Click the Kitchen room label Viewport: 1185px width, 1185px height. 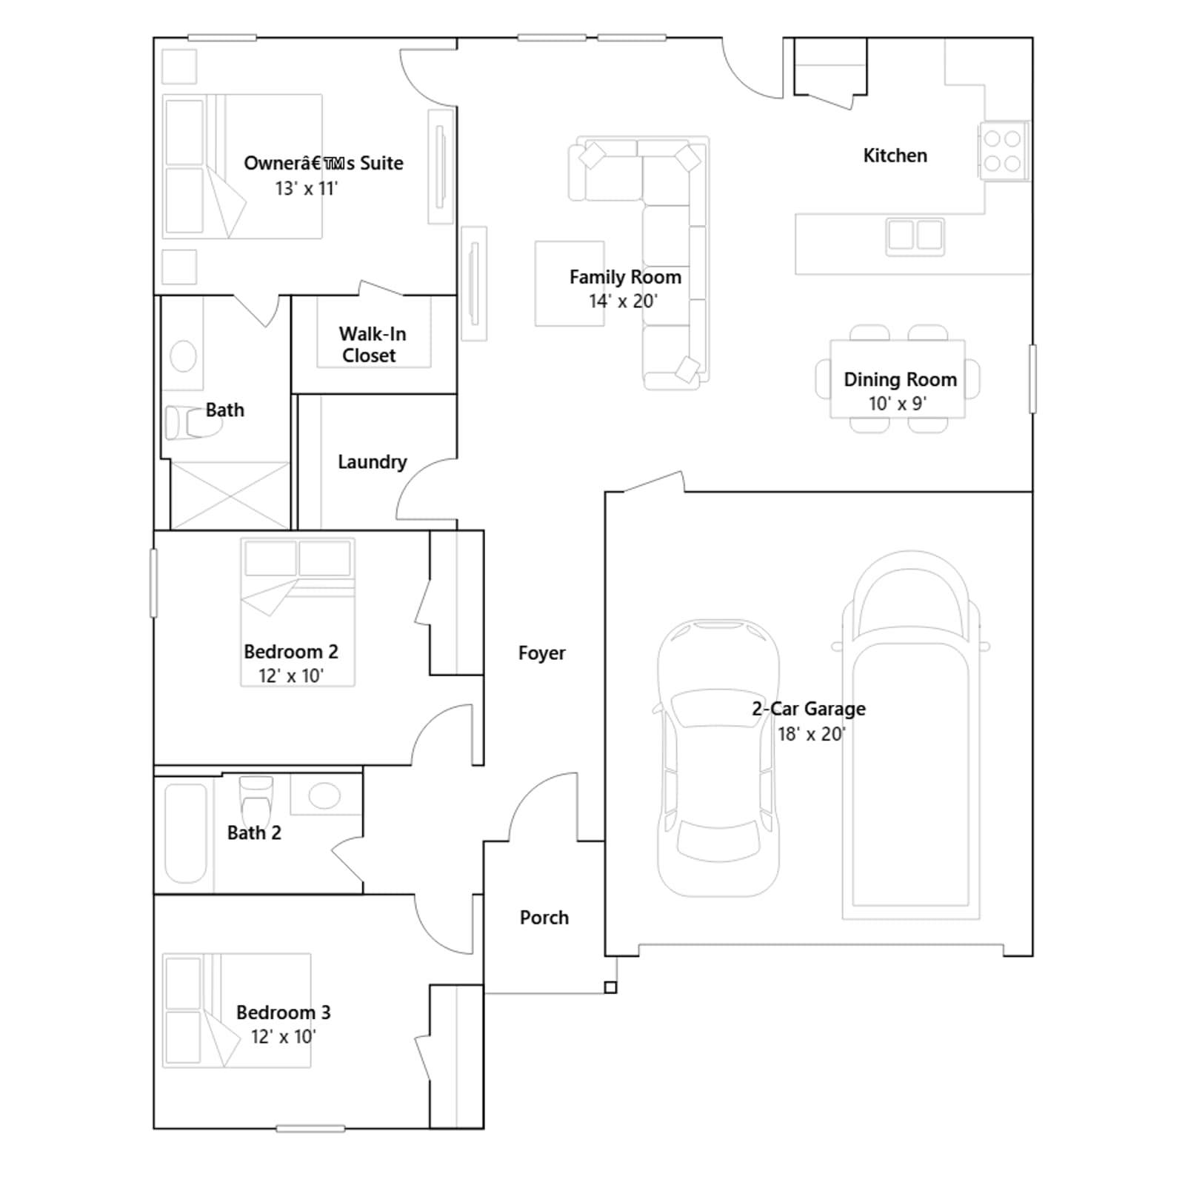tap(895, 156)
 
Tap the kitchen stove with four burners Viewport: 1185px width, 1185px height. tap(1004, 150)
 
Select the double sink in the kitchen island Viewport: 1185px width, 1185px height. tap(915, 236)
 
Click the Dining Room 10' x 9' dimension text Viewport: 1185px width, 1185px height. tap(898, 404)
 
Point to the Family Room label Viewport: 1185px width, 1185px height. tap(625, 277)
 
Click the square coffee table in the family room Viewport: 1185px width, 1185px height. tap(570, 284)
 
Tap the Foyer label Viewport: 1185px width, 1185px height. tap(541, 653)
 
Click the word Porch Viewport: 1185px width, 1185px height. tap(544, 918)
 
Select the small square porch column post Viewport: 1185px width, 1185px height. tap(610, 987)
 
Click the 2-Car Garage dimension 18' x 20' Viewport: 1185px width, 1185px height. tap(811, 734)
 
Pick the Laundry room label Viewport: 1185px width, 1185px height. tap(373, 462)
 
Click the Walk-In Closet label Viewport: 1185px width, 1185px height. tap(373, 344)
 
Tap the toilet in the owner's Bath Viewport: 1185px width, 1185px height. tap(192, 422)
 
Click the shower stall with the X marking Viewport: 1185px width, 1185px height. tap(230, 495)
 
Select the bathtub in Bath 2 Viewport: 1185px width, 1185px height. tap(185, 833)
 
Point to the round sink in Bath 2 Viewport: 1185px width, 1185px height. tap(324, 796)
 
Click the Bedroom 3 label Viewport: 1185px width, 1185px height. tap(283, 1012)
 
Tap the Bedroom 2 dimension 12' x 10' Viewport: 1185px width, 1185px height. tap(291, 676)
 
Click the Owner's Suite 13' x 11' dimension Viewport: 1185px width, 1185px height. tap(307, 189)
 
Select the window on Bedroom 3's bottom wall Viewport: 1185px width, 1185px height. tap(310, 1129)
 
